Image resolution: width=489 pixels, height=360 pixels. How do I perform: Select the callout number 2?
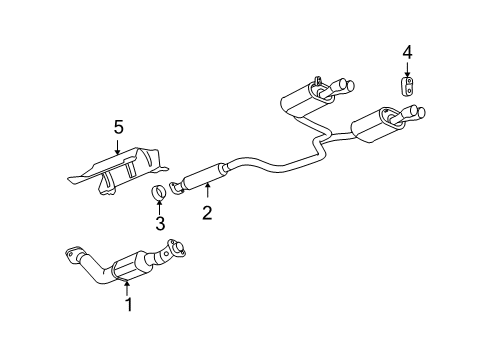click(206, 212)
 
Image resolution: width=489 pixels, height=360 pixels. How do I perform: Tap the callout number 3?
click(160, 223)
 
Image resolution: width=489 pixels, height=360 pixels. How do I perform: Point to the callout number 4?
click(407, 52)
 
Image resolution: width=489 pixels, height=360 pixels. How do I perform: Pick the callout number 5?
click(118, 127)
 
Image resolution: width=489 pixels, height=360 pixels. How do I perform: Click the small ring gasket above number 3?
click(159, 193)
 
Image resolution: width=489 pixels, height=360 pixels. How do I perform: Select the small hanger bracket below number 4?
click(408, 89)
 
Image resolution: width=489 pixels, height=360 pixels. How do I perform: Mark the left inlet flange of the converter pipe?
click(75, 254)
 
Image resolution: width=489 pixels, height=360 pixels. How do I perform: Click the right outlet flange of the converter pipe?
click(178, 249)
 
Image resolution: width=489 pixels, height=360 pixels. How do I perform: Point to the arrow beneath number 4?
click(407, 70)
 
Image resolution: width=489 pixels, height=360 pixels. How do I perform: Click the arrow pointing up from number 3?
click(160, 207)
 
